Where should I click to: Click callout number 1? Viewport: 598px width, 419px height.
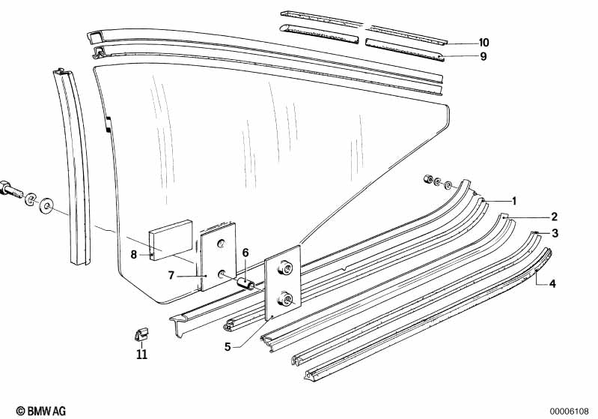pyautogui.click(x=514, y=201)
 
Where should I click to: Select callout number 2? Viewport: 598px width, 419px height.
pyautogui.click(x=555, y=217)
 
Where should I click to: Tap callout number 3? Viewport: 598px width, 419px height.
pyautogui.click(x=555, y=233)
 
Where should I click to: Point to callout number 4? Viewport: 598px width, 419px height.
pyautogui.click(x=552, y=283)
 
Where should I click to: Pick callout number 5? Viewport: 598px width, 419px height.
pyautogui.click(x=228, y=346)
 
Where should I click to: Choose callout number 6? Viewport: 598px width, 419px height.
pyautogui.click(x=245, y=252)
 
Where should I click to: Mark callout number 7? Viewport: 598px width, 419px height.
pyautogui.click(x=171, y=276)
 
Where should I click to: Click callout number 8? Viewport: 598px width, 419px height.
pyautogui.click(x=133, y=254)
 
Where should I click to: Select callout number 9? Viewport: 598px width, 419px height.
pyautogui.click(x=483, y=55)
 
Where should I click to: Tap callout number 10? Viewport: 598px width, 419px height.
pyautogui.click(x=483, y=42)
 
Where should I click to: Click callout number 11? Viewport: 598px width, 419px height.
pyautogui.click(x=141, y=354)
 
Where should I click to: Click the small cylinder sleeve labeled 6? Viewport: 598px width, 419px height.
pyautogui.click(x=246, y=284)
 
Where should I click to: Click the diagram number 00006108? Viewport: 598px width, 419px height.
pyautogui.click(x=571, y=411)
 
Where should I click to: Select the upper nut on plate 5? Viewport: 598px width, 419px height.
pyautogui.click(x=285, y=268)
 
